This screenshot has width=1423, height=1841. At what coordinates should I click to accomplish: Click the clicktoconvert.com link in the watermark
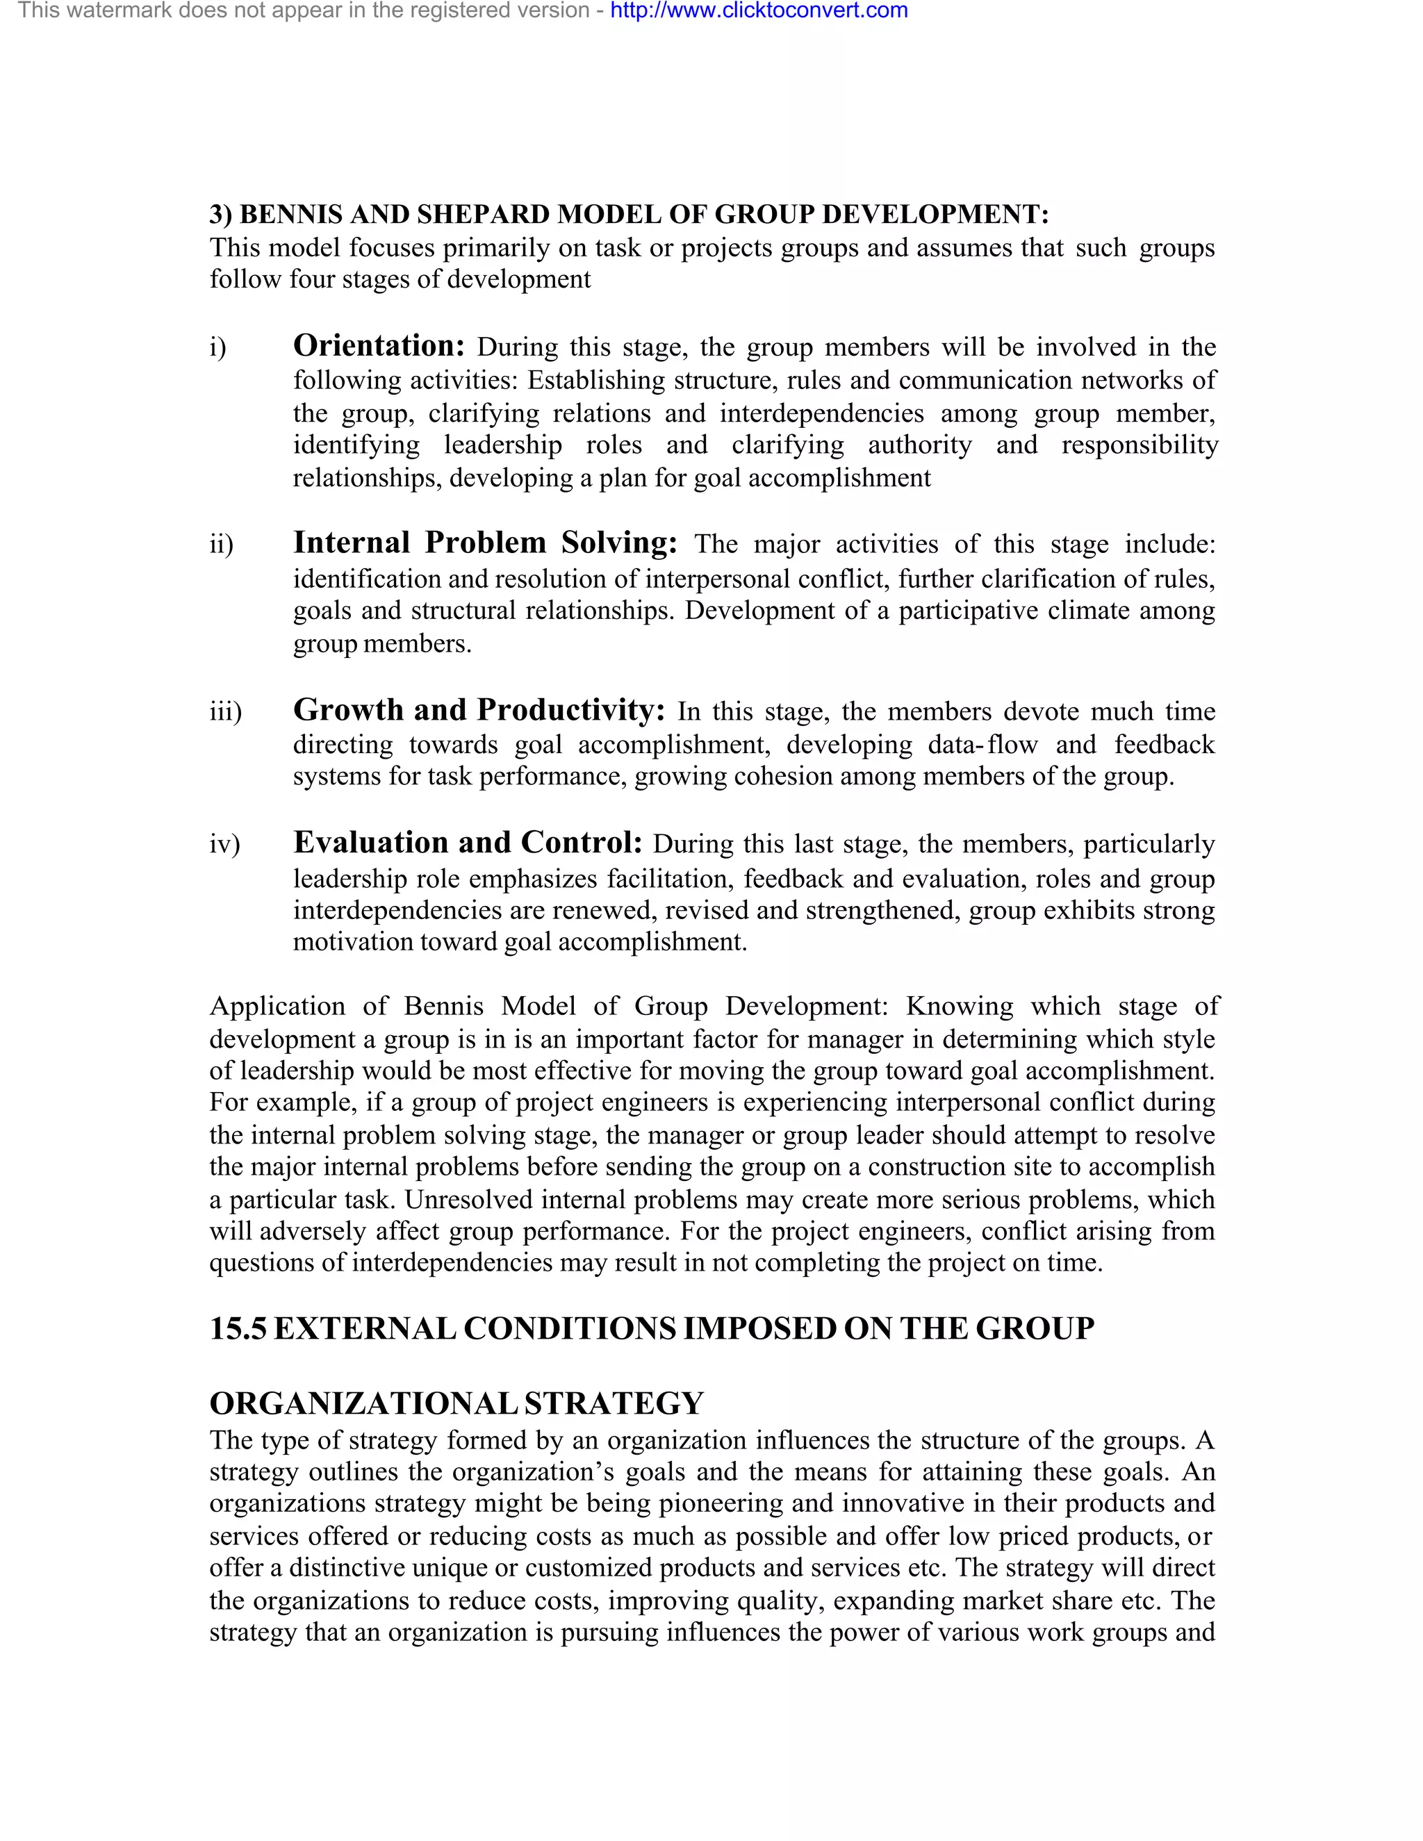coord(758,11)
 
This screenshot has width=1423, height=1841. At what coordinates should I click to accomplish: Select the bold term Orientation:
coord(379,345)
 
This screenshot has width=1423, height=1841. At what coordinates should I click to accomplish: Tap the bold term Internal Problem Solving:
coord(485,542)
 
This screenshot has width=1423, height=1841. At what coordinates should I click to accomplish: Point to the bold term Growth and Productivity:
coord(479,710)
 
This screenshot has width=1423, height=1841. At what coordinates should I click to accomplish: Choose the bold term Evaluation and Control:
coord(468,842)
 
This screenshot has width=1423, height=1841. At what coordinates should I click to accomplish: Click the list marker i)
coord(217,347)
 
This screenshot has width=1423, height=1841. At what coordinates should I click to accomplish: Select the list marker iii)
coord(225,712)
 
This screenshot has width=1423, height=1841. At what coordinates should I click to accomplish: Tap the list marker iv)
coord(224,844)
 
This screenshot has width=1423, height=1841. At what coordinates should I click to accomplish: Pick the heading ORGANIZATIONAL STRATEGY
coord(456,1404)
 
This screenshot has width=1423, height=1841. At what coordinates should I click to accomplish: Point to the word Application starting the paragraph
coord(277,1007)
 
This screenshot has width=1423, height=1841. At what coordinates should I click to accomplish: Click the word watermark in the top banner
coord(115,11)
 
